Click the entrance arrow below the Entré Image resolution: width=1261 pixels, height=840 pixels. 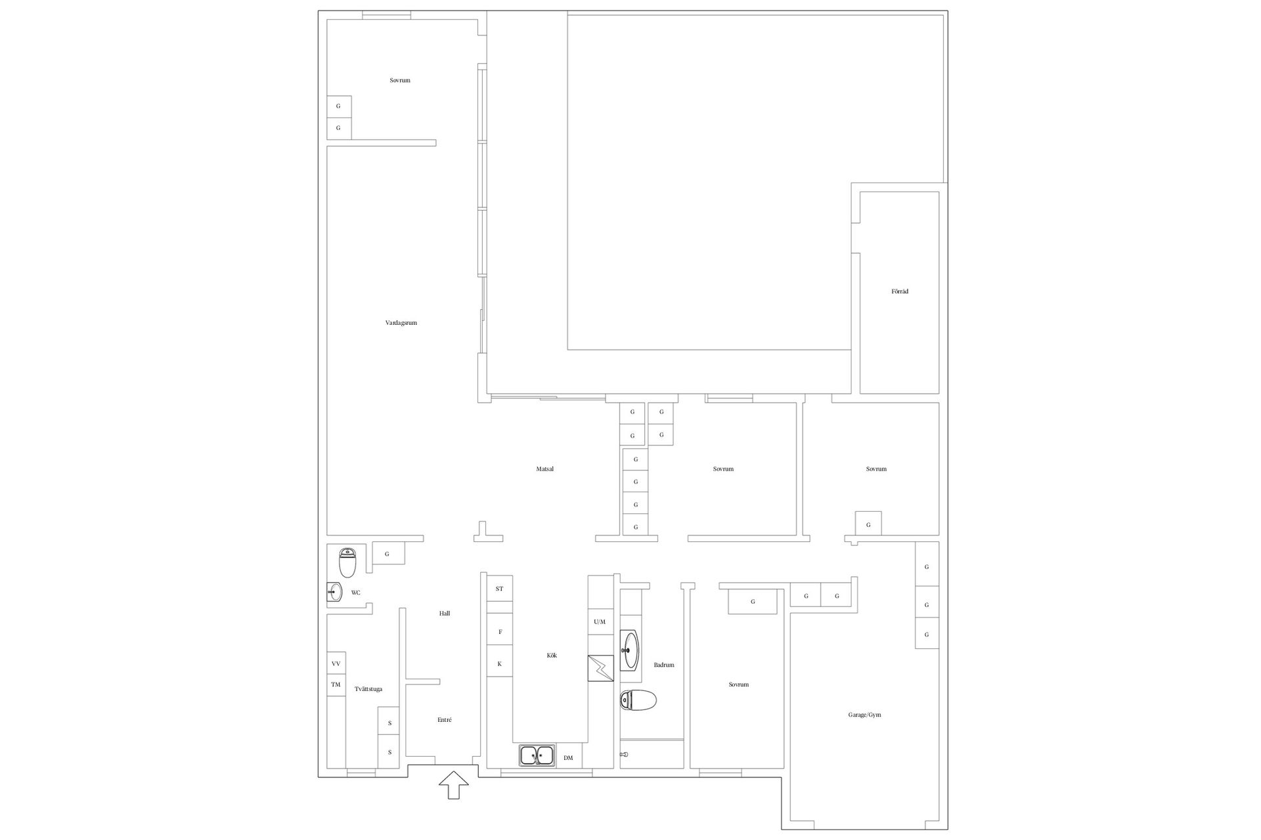454,785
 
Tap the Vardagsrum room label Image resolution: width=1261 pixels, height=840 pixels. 401,323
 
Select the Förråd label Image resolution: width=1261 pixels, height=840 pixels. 900,291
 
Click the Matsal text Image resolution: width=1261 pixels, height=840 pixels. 545,469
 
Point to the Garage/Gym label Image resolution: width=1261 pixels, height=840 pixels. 864,715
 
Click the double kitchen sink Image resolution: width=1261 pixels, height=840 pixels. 537,756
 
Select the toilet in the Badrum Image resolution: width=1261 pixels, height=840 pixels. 638,700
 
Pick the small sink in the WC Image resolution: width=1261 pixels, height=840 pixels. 335,592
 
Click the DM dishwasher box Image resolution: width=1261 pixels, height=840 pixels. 568,758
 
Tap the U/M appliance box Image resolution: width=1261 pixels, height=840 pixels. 600,621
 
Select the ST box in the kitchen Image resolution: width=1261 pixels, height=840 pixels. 499,589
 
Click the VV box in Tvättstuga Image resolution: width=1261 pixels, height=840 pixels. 336,663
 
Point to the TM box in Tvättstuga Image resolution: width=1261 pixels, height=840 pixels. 336,685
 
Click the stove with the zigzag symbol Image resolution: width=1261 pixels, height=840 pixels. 600,668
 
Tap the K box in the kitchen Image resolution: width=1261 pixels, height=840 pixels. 499,664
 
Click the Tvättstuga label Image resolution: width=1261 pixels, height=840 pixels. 368,689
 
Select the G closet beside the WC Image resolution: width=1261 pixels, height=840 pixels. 388,553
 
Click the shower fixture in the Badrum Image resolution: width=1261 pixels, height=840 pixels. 624,755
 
